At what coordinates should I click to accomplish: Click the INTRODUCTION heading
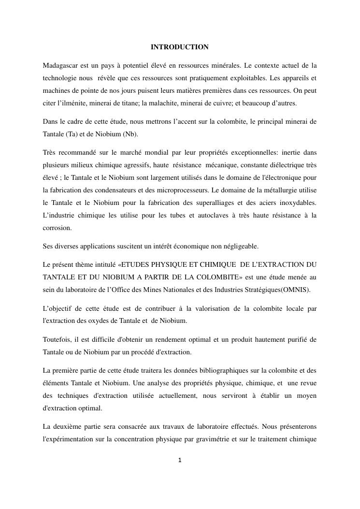tap(180, 47)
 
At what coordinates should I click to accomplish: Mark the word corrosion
tap(57, 228)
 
